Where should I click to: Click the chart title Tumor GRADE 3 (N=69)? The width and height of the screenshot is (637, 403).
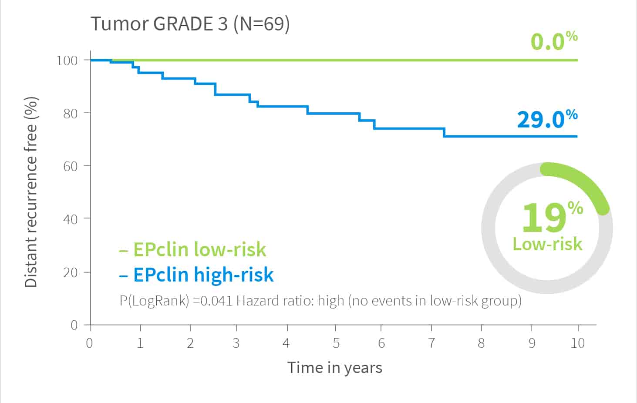(x=190, y=24)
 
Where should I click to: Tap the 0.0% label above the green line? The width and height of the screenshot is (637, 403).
(x=553, y=41)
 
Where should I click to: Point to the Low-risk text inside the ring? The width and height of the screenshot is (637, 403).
(x=547, y=244)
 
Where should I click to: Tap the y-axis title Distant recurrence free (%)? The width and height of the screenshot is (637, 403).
(x=30, y=192)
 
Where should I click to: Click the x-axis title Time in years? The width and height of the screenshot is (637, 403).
(x=334, y=368)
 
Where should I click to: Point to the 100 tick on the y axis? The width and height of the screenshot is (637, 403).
(x=67, y=60)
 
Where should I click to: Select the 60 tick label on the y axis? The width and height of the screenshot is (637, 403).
(x=70, y=166)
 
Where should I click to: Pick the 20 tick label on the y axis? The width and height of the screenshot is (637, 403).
(x=70, y=272)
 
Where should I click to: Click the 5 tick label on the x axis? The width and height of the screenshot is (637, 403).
(x=336, y=343)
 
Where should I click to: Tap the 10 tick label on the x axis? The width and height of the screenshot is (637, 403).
(x=577, y=343)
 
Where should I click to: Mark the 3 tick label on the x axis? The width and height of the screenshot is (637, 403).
(x=236, y=343)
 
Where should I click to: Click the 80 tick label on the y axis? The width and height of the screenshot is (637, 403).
(x=70, y=113)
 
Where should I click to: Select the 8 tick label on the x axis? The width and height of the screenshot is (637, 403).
(x=481, y=343)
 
